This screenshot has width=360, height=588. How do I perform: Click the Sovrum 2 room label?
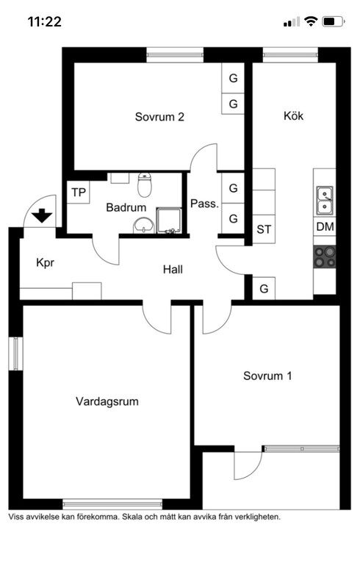pos(159,117)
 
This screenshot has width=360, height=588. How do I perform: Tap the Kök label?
pos(294,115)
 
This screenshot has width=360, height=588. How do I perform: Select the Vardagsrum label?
pos(107,401)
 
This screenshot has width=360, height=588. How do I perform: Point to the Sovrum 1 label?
pos(267,376)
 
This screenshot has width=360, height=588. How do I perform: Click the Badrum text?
pos(126,207)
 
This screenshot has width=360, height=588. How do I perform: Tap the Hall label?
pos(173,269)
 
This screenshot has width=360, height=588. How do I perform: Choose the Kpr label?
pos(45,263)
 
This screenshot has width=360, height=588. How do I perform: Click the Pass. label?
pos(204,204)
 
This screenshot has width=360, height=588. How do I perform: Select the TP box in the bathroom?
pos(79,193)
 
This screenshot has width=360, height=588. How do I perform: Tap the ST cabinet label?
pos(264,229)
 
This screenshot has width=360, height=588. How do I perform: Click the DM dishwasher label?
pos(325,226)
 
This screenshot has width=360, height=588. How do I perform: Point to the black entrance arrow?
pos(42,215)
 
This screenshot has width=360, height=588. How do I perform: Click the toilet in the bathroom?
pos(145,184)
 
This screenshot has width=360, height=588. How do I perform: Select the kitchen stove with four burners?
pos(325,257)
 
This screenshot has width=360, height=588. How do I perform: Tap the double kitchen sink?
pos(325,201)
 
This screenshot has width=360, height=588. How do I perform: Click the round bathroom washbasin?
pos(143,226)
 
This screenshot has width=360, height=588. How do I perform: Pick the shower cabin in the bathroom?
pos(169,221)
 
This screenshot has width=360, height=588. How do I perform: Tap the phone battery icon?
pos(334,21)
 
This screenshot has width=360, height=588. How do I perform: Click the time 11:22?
pos(44,21)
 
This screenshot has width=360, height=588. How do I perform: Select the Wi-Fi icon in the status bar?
pos(311,21)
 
